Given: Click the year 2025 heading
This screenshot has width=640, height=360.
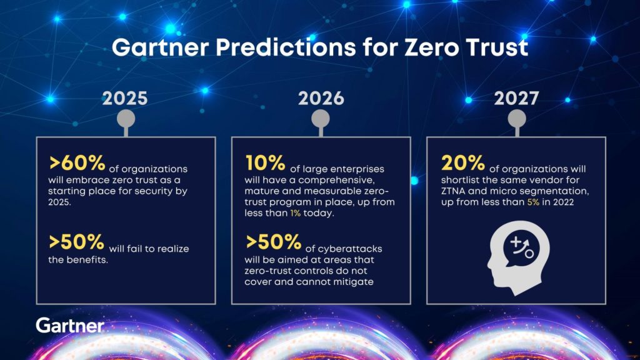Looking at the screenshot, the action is pos(125,98).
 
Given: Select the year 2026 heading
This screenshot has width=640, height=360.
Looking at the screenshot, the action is pos(321,98).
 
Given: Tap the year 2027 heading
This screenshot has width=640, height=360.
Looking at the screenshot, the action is pos(517,98).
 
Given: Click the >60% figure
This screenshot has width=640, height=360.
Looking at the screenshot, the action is pos(77,163).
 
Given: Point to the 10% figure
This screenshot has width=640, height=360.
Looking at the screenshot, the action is pos(265,163).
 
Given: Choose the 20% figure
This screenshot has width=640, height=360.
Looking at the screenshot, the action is pos(463,163).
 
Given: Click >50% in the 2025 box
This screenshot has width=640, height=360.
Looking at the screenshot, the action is pos(77,242).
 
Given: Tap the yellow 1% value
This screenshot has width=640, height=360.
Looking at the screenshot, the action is pos(295,213).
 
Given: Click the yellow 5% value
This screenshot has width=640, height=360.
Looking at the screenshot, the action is pos(533,202).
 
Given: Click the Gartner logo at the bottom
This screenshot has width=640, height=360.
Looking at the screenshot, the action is pos(70,325).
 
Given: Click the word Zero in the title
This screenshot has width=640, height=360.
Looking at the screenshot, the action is pos(431,47).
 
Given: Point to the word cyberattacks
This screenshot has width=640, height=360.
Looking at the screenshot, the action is pos(350,249).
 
